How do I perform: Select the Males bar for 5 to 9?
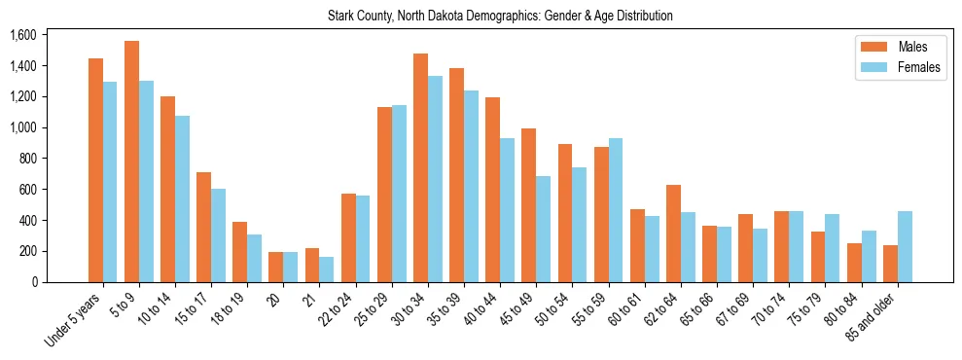131,162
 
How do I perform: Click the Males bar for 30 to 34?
420,167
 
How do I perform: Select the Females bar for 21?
327,270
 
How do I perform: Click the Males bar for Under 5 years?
95,170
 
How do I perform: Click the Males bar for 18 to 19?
239,252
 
